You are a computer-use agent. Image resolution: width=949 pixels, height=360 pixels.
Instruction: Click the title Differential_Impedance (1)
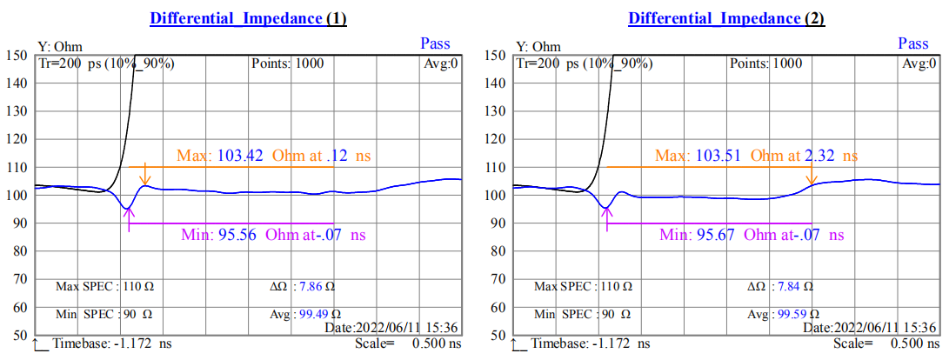point(248,18)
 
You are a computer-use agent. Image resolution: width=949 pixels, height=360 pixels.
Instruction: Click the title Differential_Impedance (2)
point(726,18)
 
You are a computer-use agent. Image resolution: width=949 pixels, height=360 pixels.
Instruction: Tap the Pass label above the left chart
point(436,43)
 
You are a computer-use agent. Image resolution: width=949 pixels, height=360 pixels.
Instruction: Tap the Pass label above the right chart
point(913,43)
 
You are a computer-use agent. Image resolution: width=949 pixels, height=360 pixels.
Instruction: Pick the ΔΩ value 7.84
point(789,286)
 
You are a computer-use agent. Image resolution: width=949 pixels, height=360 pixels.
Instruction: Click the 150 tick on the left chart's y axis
point(17,55)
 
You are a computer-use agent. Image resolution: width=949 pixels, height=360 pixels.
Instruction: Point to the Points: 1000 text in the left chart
point(288,63)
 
